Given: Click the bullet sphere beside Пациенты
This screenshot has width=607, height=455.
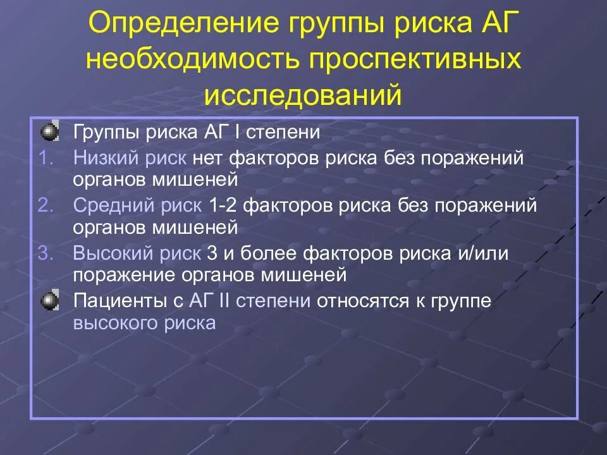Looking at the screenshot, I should click(x=49, y=301).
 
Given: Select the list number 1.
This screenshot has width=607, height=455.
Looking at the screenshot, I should click(x=47, y=157).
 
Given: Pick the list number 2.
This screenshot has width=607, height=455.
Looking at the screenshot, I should click(x=47, y=205).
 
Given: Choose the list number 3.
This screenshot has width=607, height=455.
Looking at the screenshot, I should click(x=47, y=253).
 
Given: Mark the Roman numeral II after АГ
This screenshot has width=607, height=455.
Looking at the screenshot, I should click(x=223, y=301).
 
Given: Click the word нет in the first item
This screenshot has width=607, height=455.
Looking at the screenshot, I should click(x=209, y=157).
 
